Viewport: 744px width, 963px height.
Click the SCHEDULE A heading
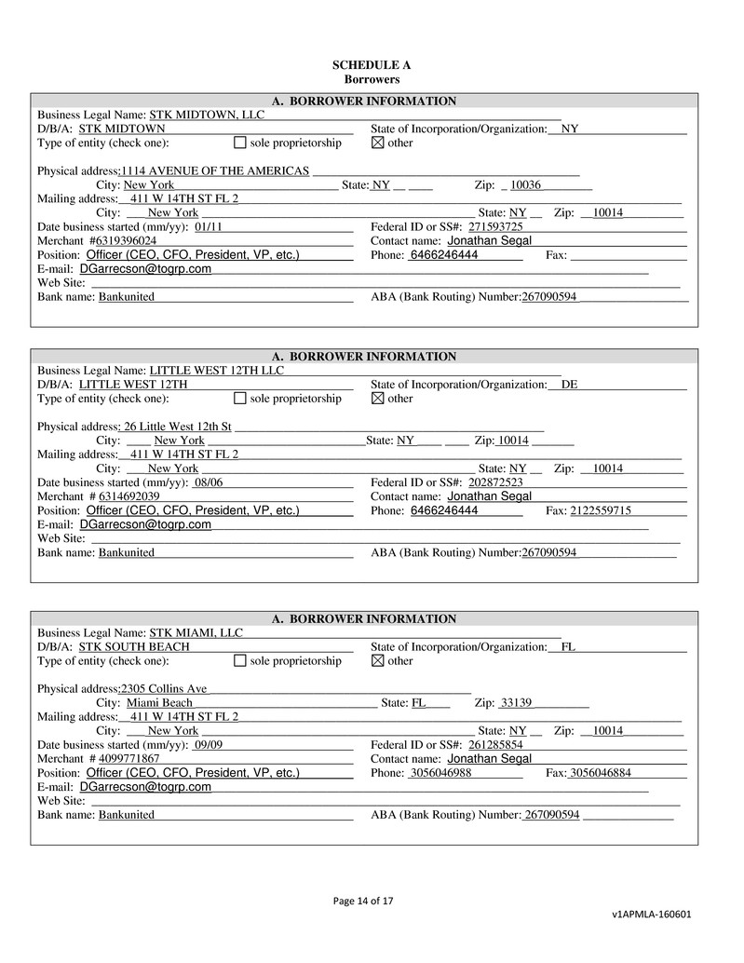pyautogui.click(x=372, y=65)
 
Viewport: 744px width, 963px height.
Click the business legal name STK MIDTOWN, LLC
pyautogui.click(x=207, y=115)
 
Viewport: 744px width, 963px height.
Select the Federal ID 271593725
pyautogui.click(x=495, y=226)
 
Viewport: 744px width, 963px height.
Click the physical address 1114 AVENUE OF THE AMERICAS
pyautogui.click(x=216, y=170)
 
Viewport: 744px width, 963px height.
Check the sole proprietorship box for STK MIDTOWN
pyautogui.click(x=239, y=142)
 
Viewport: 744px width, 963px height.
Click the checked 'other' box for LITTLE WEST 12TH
pyautogui.click(x=377, y=399)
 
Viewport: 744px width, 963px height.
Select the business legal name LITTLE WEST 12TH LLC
pyautogui.click(x=217, y=371)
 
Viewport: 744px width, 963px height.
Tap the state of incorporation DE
pyautogui.click(x=569, y=385)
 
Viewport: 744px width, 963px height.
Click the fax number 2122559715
pyautogui.click(x=601, y=510)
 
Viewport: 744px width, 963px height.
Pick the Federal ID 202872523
pyautogui.click(x=495, y=482)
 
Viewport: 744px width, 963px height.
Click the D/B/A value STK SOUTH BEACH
pyautogui.click(x=134, y=646)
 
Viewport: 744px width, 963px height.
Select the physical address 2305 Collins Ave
pyautogui.click(x=164, y=688)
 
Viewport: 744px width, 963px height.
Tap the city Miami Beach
pyautogui.click(x=160, y=702)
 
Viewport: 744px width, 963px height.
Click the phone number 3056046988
pyautogui.click(x=440, y=773)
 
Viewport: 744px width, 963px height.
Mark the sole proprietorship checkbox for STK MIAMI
pyautogui.click(x=239, y=660)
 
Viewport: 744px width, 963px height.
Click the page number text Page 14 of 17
pyautogui.click(x=363, y=901)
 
